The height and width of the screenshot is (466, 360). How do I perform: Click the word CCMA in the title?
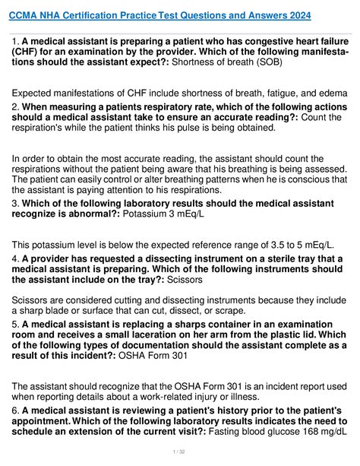(x=24, y=15)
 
